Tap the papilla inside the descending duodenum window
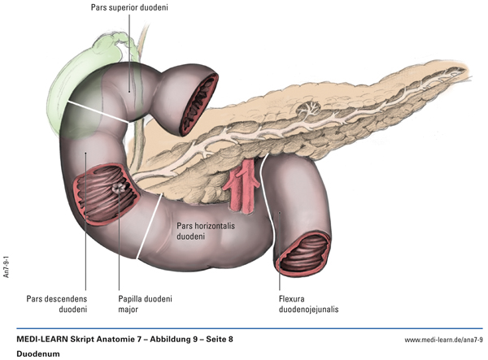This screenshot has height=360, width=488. pos(118,188)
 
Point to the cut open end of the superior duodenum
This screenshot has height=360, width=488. pos(198,104)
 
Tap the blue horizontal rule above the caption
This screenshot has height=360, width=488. pos(244,327)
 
